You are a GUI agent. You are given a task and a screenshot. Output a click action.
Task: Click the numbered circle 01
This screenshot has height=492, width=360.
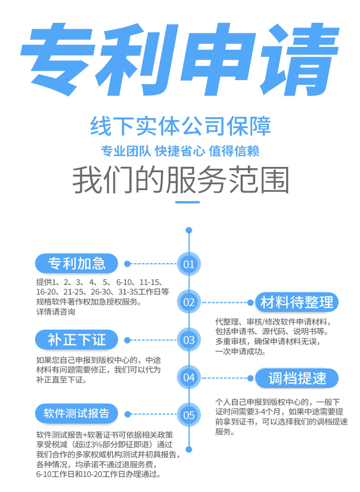[x=189, y=264]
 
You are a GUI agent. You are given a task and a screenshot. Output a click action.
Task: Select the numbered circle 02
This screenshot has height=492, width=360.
[x=189, y=301]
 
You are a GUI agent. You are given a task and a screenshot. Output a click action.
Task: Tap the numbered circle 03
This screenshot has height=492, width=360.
[x=189, y=339]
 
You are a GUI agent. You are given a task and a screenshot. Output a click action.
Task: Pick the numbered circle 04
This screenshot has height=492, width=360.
[x=189, y=377]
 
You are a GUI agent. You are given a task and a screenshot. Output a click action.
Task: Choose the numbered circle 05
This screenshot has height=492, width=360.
[x=189, y=414]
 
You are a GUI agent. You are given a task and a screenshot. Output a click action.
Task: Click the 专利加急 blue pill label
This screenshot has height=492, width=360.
[x=77, y=263]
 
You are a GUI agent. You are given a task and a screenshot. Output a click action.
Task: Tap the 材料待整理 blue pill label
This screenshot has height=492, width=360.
[x=297, y=302]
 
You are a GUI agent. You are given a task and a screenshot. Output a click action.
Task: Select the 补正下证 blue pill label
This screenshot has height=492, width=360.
[x=77, y=339]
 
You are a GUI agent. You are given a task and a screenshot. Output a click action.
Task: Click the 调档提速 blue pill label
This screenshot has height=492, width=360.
[x=297, y=378]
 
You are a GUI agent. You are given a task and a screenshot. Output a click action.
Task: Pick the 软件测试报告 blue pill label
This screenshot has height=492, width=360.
[x=77, y=414]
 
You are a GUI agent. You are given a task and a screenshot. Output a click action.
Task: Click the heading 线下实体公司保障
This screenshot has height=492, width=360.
[x=180, y=126]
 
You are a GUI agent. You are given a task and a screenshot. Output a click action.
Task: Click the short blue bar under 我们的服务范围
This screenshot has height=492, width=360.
[x=187, y=202]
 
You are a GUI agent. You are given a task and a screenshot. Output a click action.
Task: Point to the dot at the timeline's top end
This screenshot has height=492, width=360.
[x=189, y=230]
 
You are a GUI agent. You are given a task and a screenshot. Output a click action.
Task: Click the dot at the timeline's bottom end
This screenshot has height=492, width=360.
[x=189, y=450]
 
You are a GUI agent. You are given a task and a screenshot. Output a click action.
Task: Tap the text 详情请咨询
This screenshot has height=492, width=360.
[x=56, y=312]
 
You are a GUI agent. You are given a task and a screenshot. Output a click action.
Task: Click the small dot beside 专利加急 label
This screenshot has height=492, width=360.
[x=128, y=264]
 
